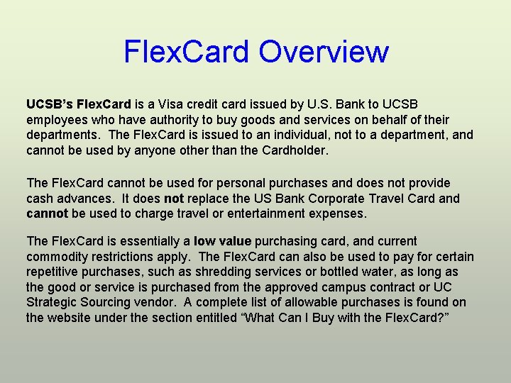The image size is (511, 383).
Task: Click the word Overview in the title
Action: [324, 52]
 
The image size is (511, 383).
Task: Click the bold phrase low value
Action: [223, 241]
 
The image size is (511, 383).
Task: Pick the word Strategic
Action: [52, 303]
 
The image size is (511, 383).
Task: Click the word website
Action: [71, 318]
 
